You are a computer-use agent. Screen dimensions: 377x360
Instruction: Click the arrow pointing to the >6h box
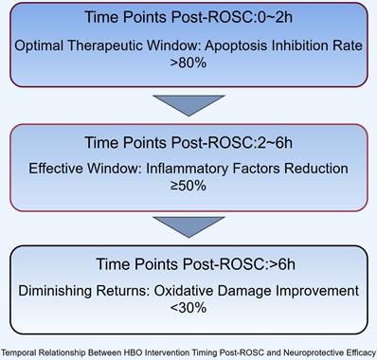pyautogui.click(x=188, y=226)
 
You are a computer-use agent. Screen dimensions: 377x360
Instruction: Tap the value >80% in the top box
pyautogui.click(x=188, y=63)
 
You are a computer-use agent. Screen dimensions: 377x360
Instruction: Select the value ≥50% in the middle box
pyautogui.click(x=188, y=185)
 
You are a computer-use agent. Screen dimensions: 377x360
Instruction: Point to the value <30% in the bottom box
pyautogui.click(x=188, y=307)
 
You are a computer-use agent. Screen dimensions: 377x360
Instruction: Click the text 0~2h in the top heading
pyautogui.click(x=275, y=17)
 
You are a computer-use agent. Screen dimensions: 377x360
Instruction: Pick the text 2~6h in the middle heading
pyautogui.click(x=275, y=142)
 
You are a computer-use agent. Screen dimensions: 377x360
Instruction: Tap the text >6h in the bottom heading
pyautogui.click(x=281, y=264)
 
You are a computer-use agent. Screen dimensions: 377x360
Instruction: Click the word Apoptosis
pyautogui.click(x=237, y=46)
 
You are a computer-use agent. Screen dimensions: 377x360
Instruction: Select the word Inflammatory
pyautogui.click(x=188, y=169)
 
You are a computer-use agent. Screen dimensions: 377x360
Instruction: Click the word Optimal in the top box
pyautogui.click(x=39, y=46)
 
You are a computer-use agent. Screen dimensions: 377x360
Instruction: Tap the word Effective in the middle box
pyautogui.click(x=57, y=169)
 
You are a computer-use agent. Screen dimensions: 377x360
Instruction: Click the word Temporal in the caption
pyautogui.click(x=18, y=352)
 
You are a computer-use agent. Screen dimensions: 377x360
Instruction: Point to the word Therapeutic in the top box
pyautogui.click(x=105, y=46)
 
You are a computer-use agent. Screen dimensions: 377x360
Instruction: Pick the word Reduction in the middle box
pyautogui.click(x=316, y=169)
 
